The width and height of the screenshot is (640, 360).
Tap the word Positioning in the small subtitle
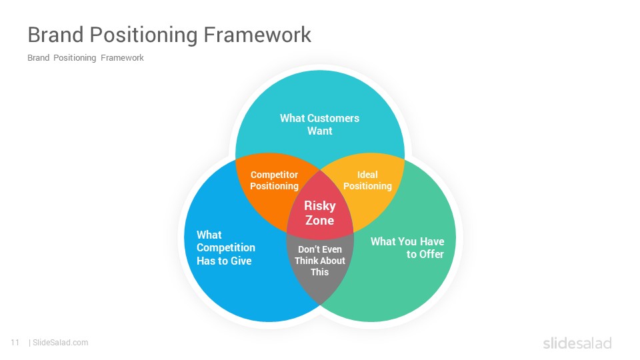coord(75,58)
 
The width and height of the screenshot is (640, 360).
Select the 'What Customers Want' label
coord(319,125)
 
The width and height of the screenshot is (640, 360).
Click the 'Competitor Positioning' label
coord(274,181)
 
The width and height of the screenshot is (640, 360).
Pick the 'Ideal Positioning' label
coord(367,181)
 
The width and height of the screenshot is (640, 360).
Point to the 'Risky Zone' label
coord(319,213)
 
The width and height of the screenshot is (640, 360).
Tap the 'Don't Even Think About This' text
coord(319,261)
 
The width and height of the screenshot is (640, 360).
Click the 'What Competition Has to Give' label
coord(225,248)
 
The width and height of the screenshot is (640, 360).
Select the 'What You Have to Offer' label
coord(407,248)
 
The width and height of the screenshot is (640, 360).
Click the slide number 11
coord(15,343)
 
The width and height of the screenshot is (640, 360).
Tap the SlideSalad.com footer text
coord(60,343)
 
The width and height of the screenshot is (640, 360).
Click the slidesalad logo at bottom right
coord(577,343)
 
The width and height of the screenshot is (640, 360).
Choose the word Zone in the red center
coord(319,221)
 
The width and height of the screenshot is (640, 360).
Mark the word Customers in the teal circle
coord(333,118)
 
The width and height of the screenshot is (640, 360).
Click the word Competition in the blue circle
coord(225,248)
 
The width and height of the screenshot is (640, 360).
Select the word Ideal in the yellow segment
coord(367,175)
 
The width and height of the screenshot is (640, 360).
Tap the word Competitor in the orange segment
coord(274,175)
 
